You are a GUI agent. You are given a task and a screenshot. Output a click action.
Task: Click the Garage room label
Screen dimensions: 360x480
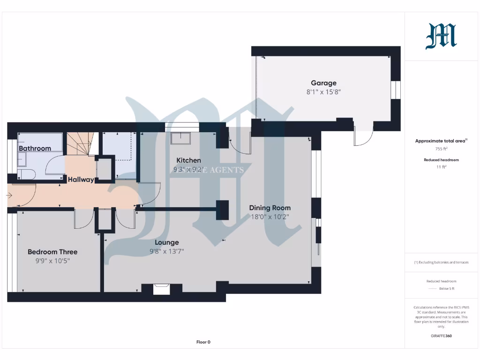coord(323,83)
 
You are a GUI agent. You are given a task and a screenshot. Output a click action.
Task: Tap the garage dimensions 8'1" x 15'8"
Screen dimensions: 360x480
coord(323,92)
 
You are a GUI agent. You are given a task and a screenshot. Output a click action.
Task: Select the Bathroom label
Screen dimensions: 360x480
coord(35,149)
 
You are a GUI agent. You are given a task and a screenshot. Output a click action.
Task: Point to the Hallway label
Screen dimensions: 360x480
coord(81,180)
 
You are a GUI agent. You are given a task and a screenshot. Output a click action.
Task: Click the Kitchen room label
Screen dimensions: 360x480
coord(188,160)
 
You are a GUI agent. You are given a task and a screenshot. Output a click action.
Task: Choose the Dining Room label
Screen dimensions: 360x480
coord(270,208)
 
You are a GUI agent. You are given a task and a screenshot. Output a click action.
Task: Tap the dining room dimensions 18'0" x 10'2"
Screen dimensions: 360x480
coord(270,217)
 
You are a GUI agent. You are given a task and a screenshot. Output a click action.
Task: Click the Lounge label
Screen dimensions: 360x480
coord(167,242)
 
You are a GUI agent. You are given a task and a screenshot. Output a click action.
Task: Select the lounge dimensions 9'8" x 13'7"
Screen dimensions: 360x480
coord(167,251)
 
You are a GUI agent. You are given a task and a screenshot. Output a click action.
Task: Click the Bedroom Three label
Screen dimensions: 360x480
coord(52,252)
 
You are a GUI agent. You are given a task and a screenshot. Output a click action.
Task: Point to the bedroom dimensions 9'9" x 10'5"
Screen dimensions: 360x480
coord(52,261)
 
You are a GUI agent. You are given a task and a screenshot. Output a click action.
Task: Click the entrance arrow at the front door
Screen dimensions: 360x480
coord(10,195)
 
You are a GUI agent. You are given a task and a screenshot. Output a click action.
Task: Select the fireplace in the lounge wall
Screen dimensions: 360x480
coord(162,289)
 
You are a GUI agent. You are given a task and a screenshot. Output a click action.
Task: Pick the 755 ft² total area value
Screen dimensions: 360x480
coord(442,149)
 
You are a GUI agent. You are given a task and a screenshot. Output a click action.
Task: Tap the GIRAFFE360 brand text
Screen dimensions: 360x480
coord(442,336)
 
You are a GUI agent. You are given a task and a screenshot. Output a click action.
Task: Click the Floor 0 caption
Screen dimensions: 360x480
coord(203,342)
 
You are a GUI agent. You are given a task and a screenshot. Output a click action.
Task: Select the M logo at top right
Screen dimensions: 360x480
coord(441,37)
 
